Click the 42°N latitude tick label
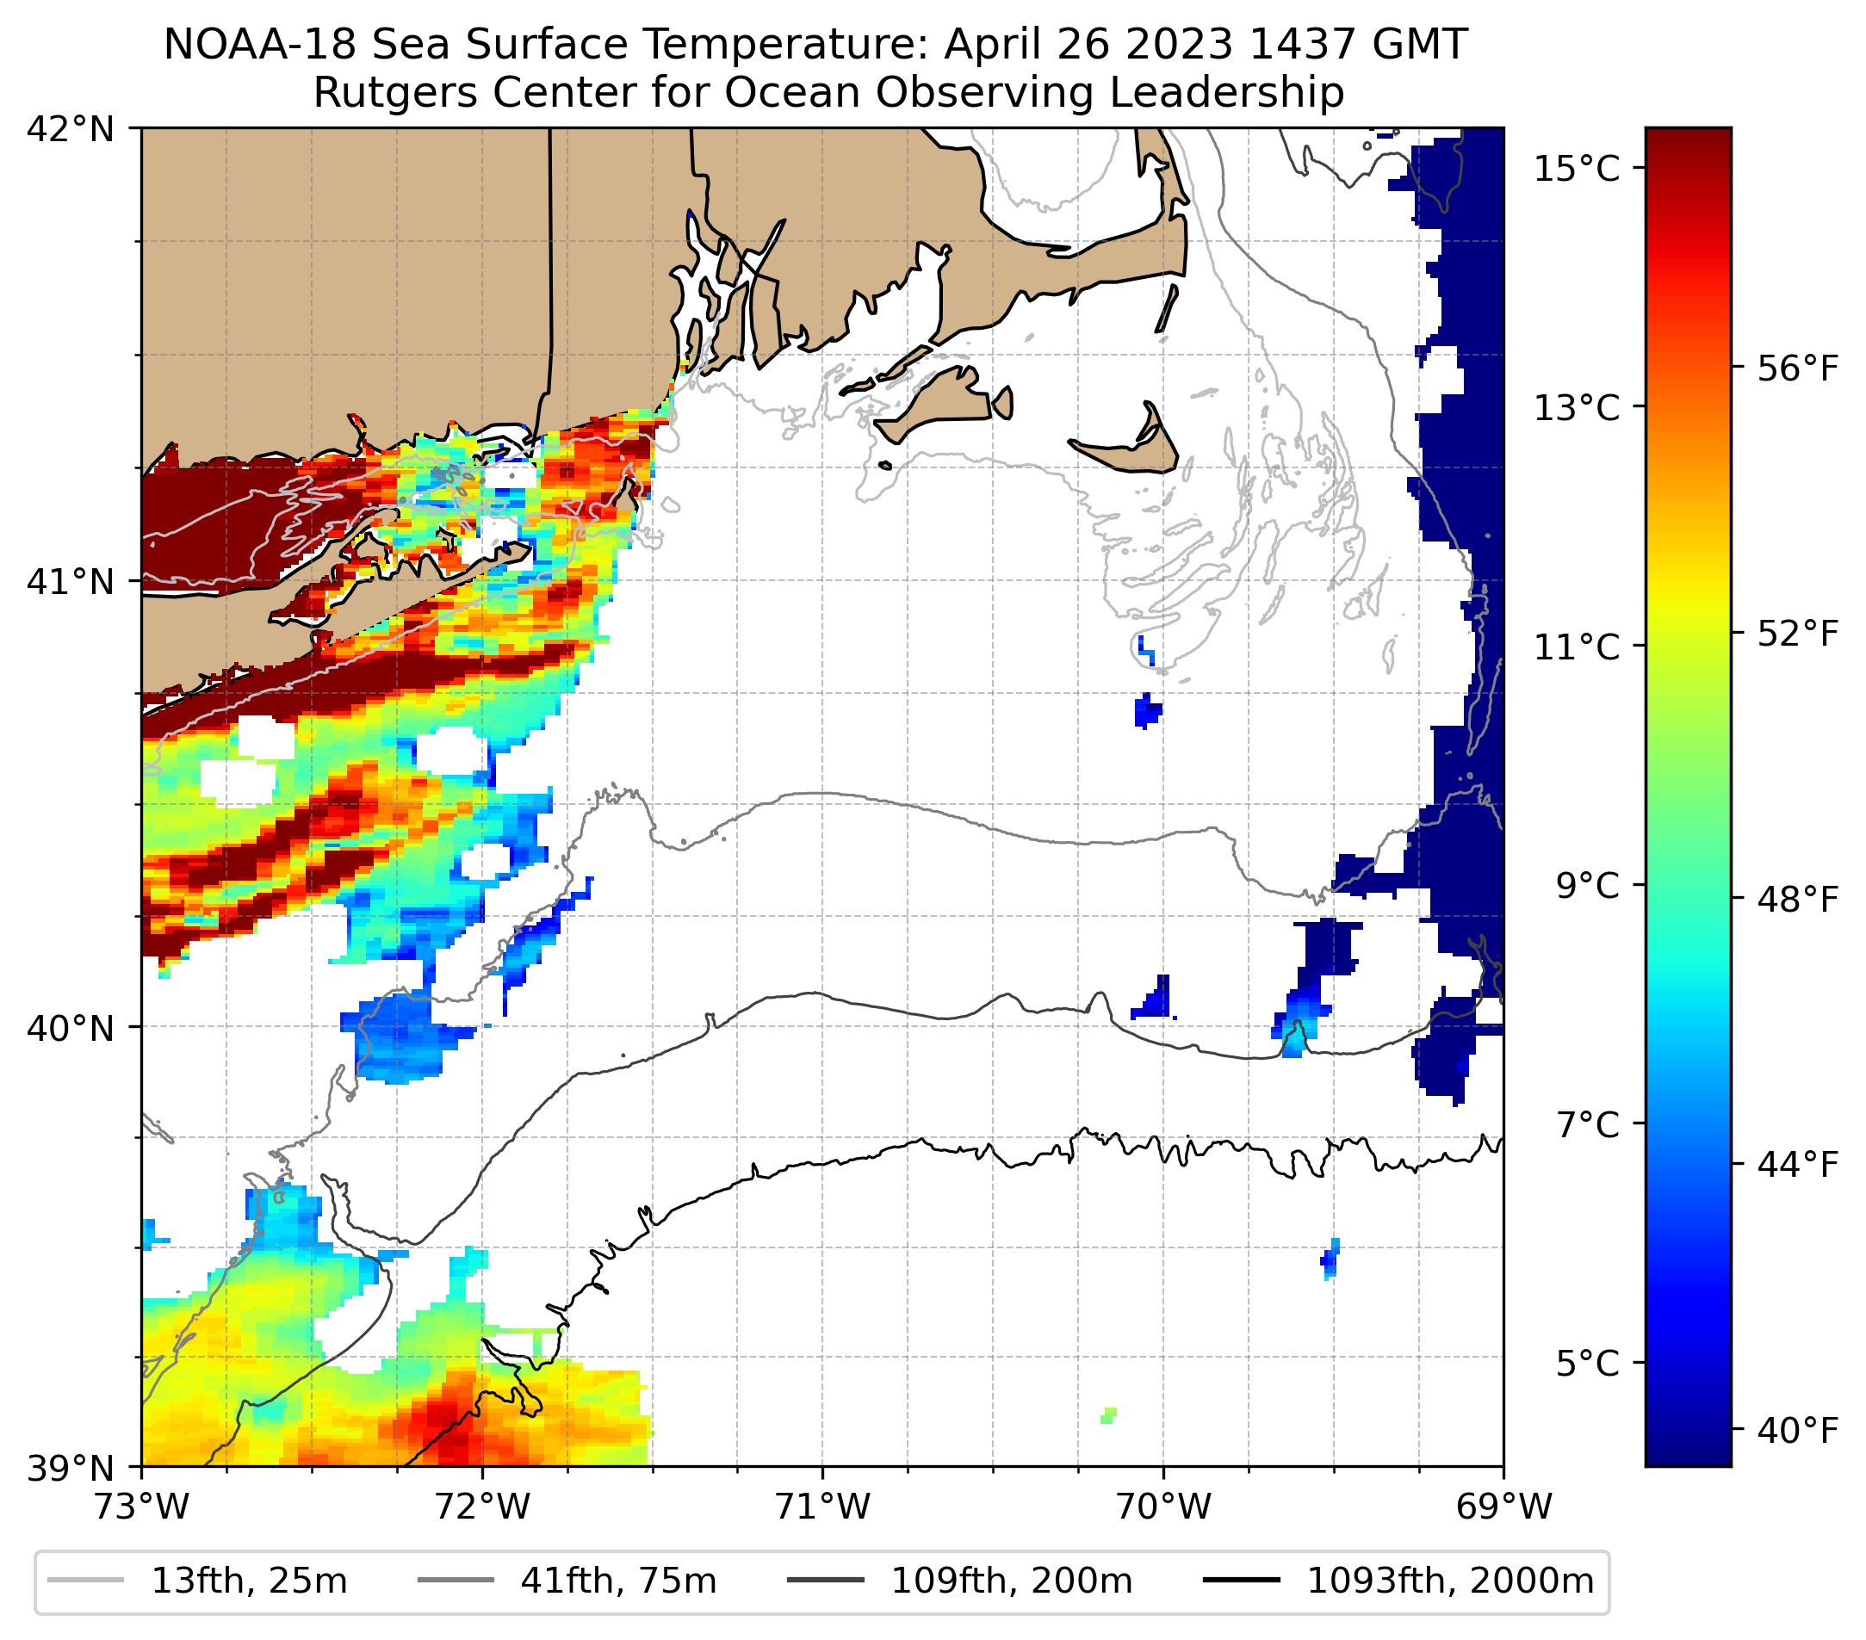[71, 130]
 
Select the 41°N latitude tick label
[71, 581]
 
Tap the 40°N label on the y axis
[71, 1029]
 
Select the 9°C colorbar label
[1589, 885]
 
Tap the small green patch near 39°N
[1108, 1415]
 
